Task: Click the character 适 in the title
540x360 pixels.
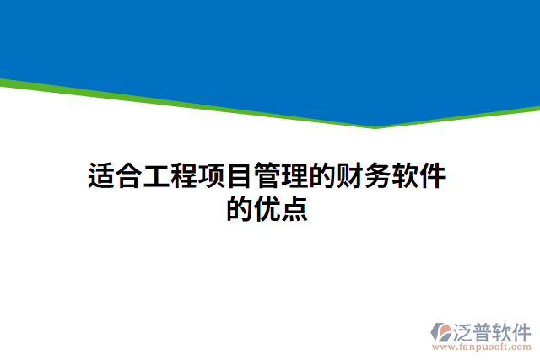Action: coord(101,178)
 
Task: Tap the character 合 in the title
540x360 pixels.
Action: coord(129,178)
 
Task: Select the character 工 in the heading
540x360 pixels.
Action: coord(157,178)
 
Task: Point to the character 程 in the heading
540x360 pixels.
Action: coord(185,178)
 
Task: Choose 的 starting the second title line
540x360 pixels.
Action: coord(240,208)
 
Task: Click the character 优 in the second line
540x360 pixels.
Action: coord(268,208)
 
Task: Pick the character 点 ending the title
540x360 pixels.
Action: coord(295,208)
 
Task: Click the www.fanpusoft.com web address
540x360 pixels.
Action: coord(481,346)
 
